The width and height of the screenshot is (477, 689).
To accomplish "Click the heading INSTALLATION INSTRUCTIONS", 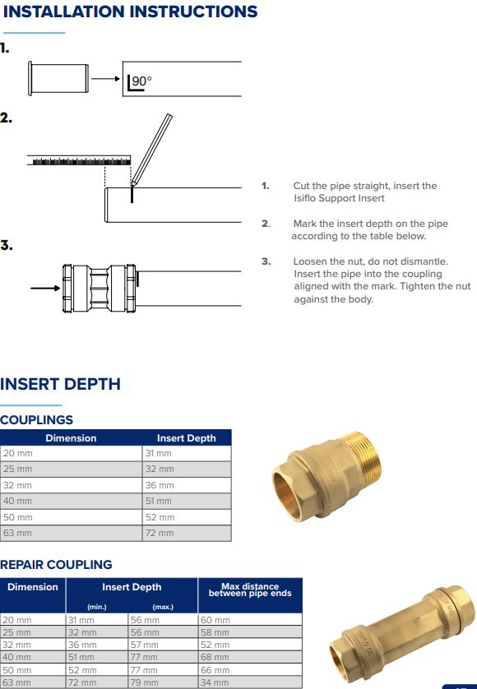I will point(129,12).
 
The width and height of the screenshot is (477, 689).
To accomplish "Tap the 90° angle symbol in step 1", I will point(141,81).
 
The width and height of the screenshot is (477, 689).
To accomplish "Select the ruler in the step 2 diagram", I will point(79,159).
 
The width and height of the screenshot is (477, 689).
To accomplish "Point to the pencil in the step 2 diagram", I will point(151,148).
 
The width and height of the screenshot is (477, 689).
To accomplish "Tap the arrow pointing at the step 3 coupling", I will point(44,289).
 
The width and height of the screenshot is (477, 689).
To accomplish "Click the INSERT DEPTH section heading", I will point(60,384).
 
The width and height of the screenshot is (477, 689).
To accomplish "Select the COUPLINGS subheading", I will point(37,420).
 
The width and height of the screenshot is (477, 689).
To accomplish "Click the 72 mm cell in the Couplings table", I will point(160,533).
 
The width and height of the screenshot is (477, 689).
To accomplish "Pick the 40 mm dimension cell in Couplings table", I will point(18,501).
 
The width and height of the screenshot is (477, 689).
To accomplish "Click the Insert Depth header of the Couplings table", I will point(186,438).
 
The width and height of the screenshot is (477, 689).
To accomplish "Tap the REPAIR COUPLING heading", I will point(56,565).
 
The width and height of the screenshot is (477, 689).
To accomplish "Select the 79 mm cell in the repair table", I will point(145,683).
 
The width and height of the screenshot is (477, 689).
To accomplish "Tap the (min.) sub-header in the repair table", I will point(97,607).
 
